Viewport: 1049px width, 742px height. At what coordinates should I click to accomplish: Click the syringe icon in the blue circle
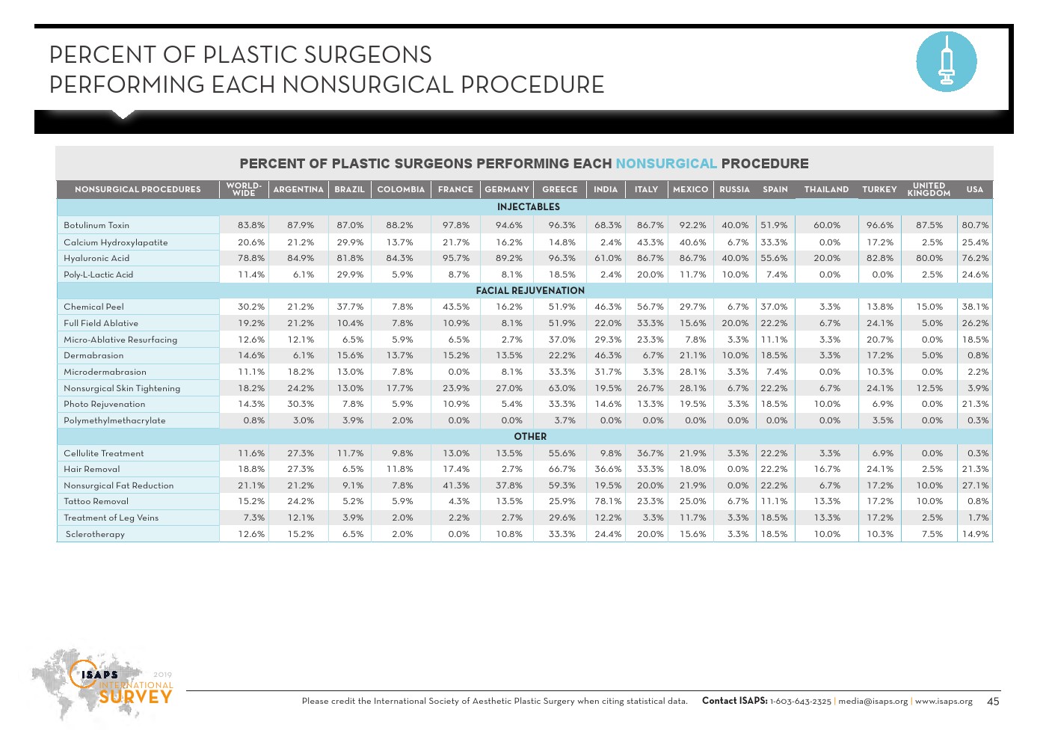coord(946,62)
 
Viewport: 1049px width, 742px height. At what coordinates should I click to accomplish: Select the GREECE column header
coord(559,190)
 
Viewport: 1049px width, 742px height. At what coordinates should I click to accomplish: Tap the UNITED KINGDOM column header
coord(929,190)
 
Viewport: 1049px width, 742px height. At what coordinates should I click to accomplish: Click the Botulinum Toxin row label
coord(96,225)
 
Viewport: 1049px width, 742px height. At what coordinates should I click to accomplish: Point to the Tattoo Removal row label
coord(96,502)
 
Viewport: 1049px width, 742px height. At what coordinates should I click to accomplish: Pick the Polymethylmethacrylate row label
coord(114,420)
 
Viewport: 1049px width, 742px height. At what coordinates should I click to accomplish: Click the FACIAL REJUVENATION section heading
coord(530,291)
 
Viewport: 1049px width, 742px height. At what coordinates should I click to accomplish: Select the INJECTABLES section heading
coord(528,207)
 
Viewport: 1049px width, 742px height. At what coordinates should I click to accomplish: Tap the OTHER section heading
coord(530,437)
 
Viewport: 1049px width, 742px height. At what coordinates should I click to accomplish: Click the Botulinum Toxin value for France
coord(456,225)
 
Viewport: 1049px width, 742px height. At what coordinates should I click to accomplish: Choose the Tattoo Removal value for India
coord(608,502)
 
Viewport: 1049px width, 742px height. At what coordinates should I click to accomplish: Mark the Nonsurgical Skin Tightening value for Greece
coord(562,388)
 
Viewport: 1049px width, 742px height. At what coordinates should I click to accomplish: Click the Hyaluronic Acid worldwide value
coord(251,258)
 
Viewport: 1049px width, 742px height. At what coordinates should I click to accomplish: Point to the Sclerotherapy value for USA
coord(976,534)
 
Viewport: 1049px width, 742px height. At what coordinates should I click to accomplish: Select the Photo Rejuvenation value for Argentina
coord(301,404)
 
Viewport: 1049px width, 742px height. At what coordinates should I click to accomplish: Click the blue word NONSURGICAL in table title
coord(666,164)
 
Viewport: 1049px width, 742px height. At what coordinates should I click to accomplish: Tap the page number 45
coord(993,702)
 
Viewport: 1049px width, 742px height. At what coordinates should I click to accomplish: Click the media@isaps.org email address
coord(873,702)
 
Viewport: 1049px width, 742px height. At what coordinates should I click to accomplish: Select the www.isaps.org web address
coord(944,702)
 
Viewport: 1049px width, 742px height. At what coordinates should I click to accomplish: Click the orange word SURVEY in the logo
coord(135,697)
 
